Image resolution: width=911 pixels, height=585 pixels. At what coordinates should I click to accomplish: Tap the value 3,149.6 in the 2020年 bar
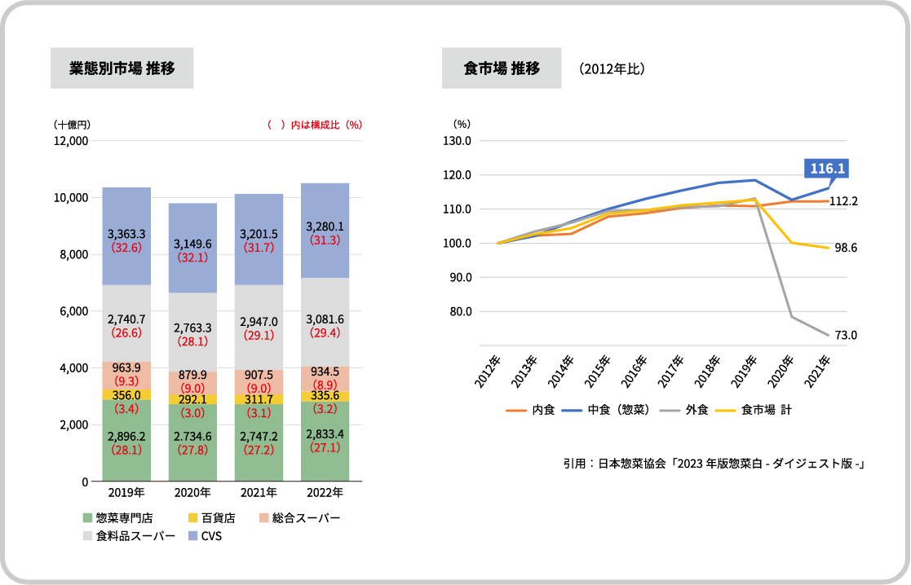tap(192, 243)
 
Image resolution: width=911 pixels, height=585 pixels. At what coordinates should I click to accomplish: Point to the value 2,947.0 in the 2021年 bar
tap(259, 322)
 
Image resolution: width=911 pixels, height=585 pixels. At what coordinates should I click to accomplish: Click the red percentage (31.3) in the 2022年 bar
tap(325, 240)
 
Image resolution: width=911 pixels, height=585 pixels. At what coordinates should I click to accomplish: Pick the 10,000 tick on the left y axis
tap(71, 198)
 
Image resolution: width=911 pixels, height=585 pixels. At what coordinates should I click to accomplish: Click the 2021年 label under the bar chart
tap(259, 493)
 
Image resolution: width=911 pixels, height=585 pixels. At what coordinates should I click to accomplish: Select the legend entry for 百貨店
tap(211, 518)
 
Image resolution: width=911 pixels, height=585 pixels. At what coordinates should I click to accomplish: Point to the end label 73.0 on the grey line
tap(845, 335)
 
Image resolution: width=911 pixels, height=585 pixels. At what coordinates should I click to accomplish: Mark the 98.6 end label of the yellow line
tap(845, 248)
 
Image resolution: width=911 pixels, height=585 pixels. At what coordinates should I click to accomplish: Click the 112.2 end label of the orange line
tap(844, 200)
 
